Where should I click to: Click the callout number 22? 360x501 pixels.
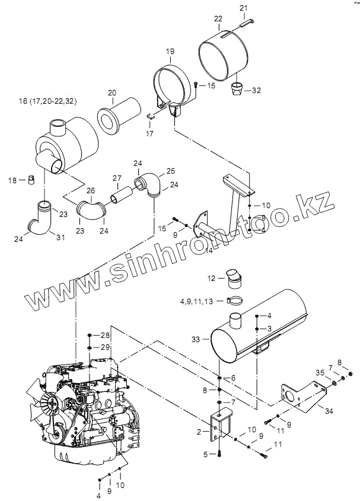point(218,18)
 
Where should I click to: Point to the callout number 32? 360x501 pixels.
point(256,91)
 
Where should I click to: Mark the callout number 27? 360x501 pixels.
point(117,178)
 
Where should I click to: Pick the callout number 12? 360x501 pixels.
point(211,278)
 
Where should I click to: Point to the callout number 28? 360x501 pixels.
point(105,336)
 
